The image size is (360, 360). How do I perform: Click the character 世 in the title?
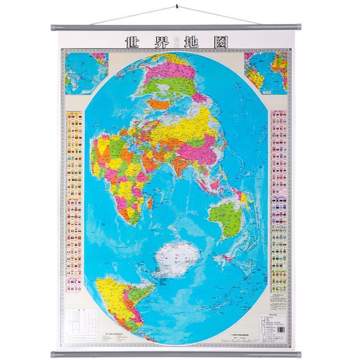(x=132, y=43)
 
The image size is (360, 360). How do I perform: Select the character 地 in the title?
(x=197, y=43)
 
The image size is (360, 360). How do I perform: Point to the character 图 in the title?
(x=221, y=43)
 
